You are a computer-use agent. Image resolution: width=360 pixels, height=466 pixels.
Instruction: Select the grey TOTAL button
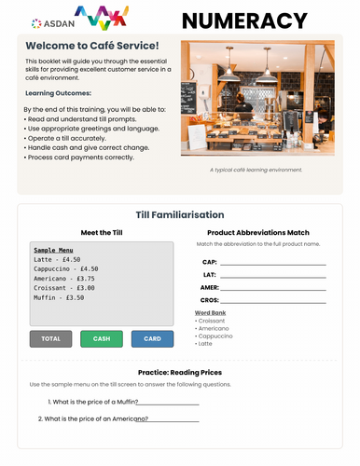(50, 338)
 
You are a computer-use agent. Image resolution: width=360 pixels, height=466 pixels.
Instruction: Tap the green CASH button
(102, 338)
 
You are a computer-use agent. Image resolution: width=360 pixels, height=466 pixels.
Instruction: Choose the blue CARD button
(152, 338)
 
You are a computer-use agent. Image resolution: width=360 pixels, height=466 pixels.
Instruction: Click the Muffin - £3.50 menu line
(60, 297)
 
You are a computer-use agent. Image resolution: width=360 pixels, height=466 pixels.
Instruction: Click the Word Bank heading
(210, 313)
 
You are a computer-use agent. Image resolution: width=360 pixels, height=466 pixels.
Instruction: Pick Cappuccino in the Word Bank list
(218, 336)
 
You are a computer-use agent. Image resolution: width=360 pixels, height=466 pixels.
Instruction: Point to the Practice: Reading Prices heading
(180, 372)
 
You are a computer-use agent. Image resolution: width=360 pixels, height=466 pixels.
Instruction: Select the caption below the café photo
(256, 171)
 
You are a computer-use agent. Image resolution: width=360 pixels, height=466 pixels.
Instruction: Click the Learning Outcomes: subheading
(57, 94)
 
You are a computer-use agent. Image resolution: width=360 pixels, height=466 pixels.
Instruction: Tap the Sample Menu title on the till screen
(53, 250)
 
